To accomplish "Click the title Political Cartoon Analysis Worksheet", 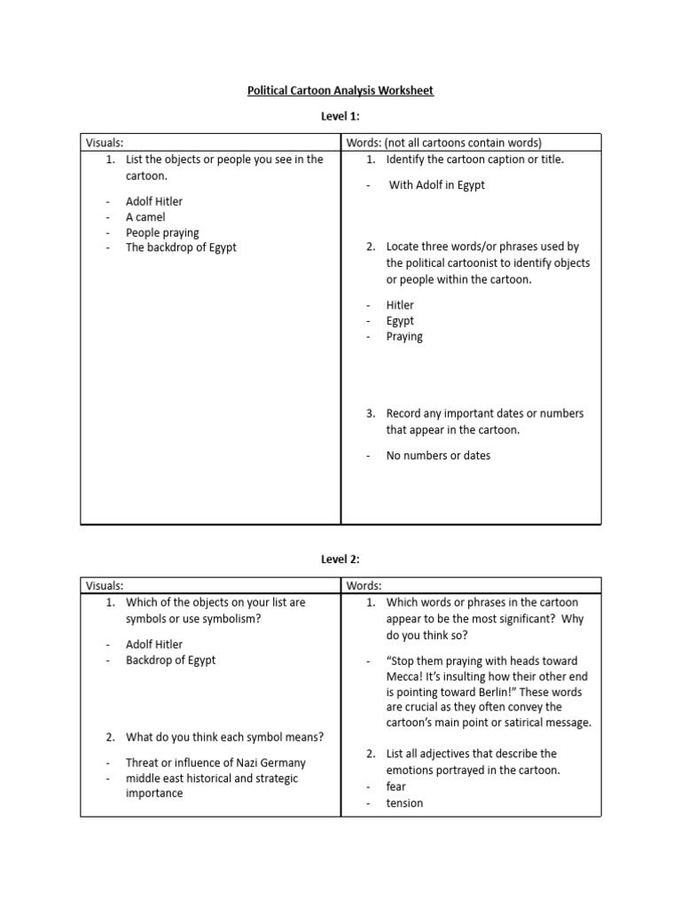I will point(340,90).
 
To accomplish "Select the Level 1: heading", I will point(340,116).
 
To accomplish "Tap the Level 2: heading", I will point(340,559).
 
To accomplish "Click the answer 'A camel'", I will point(145,216).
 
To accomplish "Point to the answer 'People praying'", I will point(162,232).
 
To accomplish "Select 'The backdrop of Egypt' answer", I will point(181,247).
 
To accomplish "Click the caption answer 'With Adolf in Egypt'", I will point(437,185).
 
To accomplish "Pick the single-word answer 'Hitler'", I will point(400,305).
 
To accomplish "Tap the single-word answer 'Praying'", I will point(404,336).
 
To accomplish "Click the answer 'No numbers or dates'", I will point(438,455).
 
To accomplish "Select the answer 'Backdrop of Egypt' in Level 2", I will point(170,660).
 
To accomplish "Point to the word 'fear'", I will point(396,787).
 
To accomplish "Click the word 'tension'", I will point(404,802).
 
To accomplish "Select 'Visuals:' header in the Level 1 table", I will point(104,142).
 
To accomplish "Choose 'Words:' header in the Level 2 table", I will point(364,584).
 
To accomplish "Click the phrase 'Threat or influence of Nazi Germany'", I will point(216,763).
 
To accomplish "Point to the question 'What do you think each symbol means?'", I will point(224,736).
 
